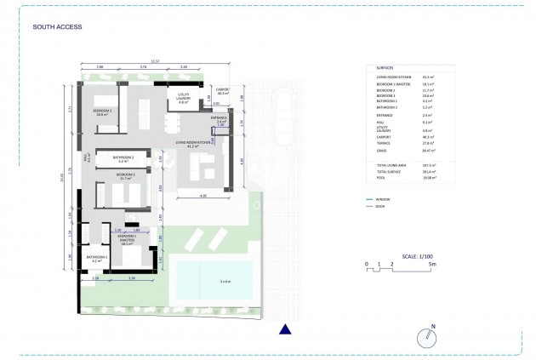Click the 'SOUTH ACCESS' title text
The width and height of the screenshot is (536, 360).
[57, 27]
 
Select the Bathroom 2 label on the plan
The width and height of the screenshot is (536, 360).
[124, 158]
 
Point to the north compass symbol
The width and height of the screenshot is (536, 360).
[431, 337]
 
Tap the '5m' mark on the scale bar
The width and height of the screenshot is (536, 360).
[433, 265]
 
